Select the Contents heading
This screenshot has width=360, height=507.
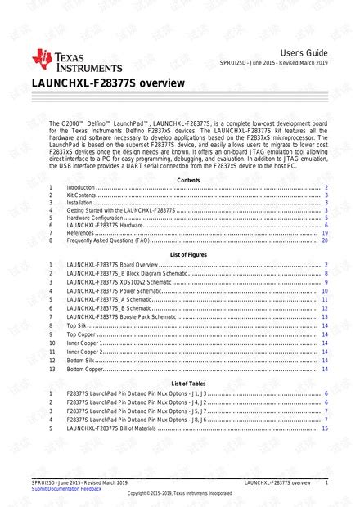click(x=187, y=179)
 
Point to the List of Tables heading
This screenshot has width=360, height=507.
click(x=187, y=384)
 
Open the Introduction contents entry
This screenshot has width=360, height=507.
click(x=81, y=188)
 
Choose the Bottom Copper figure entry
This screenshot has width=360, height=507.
click(x=85, y=369)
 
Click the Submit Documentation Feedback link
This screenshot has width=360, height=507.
click(x=66, y=488)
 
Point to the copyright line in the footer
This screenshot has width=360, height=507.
click(x=179, y=494)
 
